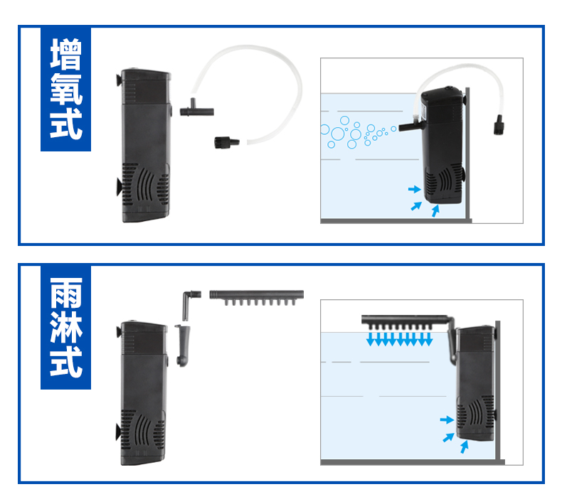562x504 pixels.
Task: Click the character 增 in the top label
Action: coord(65,55)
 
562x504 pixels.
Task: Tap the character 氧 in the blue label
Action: coord(65,90)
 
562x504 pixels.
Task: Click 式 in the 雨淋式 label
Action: coord(65,363)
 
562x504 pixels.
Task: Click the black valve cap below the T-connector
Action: coord(224,142)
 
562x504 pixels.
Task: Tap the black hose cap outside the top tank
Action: coord(497,126)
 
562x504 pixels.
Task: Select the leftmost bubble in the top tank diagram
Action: coord(325,131)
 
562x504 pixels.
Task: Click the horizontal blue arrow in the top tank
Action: coord(413,190)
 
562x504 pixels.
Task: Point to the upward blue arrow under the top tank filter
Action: coord(435,210)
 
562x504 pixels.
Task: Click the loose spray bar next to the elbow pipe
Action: coord(257,294)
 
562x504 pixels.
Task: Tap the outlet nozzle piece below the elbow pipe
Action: coord(183,344)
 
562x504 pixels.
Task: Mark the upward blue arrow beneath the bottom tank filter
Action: coord(465,446)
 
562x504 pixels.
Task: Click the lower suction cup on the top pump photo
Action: coord(118,186)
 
